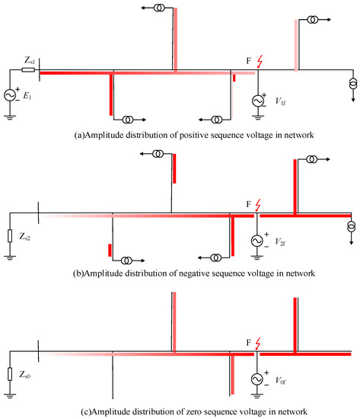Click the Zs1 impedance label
point(28,59)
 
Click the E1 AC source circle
point(13,94)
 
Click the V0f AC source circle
point(258,379)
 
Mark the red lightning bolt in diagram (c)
point(263,344)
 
